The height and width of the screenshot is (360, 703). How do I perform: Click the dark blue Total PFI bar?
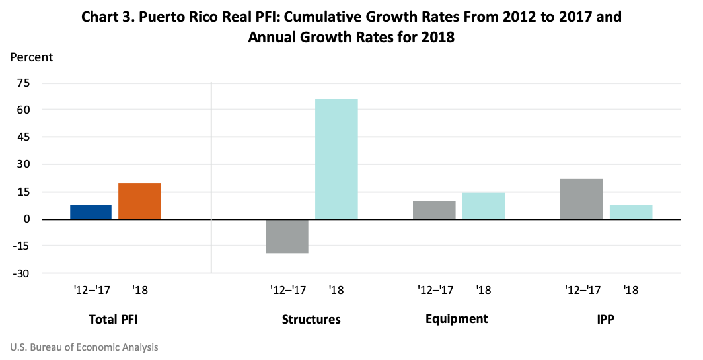(x=91, y=212)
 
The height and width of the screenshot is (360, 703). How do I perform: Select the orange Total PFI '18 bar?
(x=139, y=201)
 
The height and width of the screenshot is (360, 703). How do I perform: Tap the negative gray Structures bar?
(x=287, y=236)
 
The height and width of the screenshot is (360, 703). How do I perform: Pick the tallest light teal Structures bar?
(x=336, y=159)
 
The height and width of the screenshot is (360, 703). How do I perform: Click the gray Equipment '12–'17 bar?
(x=434, y=210)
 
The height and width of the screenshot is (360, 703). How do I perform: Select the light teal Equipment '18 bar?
(x=484, y=206)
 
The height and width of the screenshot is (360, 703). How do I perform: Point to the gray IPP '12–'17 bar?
(x=581, y=199)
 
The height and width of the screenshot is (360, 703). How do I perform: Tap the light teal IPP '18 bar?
(x=631, y=212)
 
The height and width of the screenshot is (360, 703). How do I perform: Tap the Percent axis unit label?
(x=31, y=57)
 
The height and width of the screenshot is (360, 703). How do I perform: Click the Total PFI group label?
(x=114, y=320)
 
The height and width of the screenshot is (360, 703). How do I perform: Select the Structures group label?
(x=311, y=320)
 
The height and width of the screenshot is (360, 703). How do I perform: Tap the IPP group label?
(x=605, y=320)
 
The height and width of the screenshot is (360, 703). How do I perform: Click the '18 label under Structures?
(x=336, y=290)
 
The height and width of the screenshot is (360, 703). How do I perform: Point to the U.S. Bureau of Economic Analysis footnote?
(x=84, y=347)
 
